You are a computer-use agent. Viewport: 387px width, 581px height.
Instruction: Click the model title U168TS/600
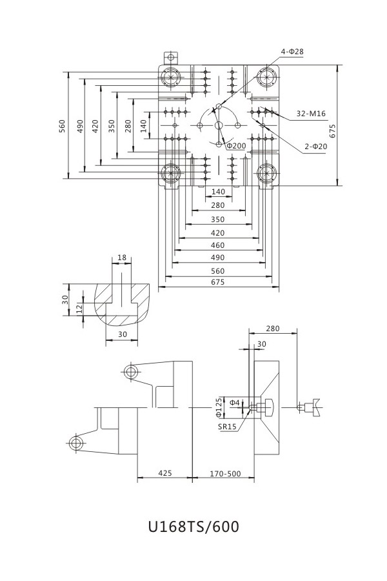click(193, 527)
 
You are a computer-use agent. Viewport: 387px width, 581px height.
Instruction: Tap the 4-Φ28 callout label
click(292, 52)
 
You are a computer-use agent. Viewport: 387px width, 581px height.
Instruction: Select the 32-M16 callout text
click(311, 114)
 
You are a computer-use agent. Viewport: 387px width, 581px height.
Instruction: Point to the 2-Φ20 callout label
click(316, 147)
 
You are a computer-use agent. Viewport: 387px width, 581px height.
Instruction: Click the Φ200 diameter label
click(236, 146)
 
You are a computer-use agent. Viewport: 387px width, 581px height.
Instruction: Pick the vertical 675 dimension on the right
click(332, 131)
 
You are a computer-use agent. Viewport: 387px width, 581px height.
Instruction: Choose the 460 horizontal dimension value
click(217, 245)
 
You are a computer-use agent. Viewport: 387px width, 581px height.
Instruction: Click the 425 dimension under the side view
click(165, 473)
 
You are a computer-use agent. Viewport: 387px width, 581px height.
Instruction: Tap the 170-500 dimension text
click(225, 474)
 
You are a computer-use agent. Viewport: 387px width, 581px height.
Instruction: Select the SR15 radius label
click(227, 427)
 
